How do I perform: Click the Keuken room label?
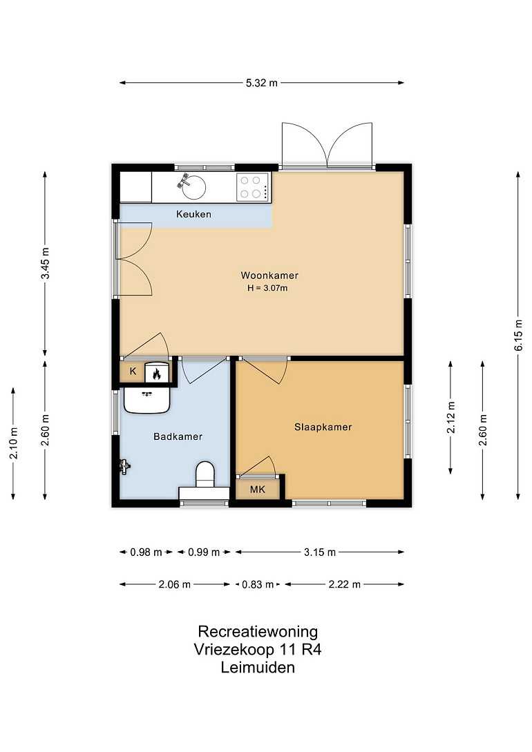[x=193, y=214]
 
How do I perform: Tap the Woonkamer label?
[x=269, y=276]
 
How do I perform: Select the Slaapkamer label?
[x=323, y=427]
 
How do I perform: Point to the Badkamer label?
[x=178, y=436]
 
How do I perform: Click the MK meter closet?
[x=258, y=489]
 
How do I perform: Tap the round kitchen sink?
[x=194, y=187]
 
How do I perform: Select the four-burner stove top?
[x=253, y=187]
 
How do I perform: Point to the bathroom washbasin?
[x=146, y=400]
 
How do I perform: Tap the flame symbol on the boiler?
[x=156, y=374]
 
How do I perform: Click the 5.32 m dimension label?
[x=262, y=83]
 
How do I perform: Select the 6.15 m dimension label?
[x=519, y=335]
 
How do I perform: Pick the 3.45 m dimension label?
[x=45, y=263]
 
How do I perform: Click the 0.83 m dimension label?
[x=258, y=585]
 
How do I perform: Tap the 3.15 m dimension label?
[x=319, y=552]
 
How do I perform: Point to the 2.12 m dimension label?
[x=451, y=418]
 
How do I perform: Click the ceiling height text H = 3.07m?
[x=267, y=288]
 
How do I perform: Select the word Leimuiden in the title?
[x=258, y=667]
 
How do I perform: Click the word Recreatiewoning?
[x=258, y=632]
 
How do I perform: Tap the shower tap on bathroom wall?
[x=125, y=466]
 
